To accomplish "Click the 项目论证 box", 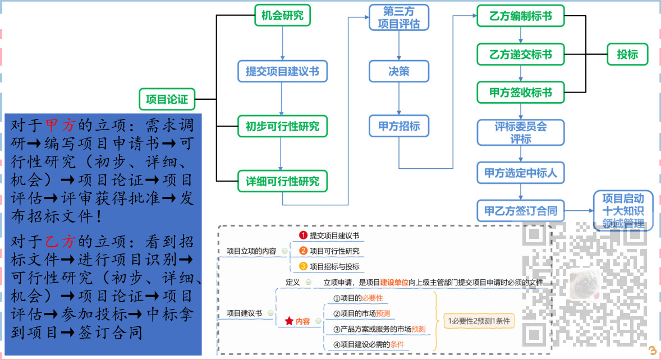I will (x=167, y=99).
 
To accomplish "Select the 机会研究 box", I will (x=282, y=16).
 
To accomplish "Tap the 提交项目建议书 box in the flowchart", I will (x=282, y=71).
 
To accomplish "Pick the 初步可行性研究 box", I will (x=282, y=126).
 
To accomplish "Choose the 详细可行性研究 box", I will (x=282, y=181).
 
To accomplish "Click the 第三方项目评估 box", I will (x=399, y=17).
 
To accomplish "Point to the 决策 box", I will (x=399, y=71).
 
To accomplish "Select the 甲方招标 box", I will (x=399, y=126).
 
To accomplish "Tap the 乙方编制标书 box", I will (x=521, y=16).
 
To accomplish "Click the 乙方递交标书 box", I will (x=521, y=54).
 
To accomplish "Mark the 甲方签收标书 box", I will (x=521, y=93).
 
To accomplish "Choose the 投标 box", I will (x=627, y=54).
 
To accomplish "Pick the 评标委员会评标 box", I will (x=521, y=132).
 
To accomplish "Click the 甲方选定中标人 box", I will (x=521, y=173).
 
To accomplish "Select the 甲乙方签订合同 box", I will (x=521, y=211).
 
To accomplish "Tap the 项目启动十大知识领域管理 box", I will (x=623, y=211).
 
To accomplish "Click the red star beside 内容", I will (x=289, y=321).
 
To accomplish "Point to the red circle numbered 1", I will (x=303, y=236).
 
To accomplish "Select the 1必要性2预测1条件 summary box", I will (x=478, y=321).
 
